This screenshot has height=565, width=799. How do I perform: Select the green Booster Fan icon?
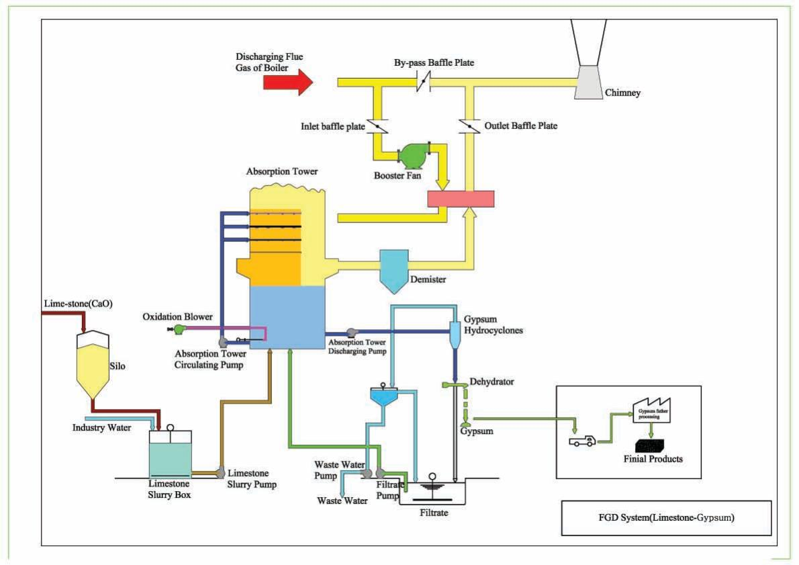pyautogui.click(x=410, y=156)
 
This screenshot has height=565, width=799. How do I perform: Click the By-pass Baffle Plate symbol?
pyautogui.click(x=422, y=83)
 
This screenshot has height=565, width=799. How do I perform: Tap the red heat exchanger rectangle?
pyautogui.click(x=461, y=199)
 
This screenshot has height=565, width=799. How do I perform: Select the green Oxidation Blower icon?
pyautogui.click(x=179, y=329)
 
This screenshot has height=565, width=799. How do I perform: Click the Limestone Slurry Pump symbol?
pyautogui.click(x=219, y=473)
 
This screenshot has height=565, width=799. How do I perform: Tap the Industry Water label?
pyautogui.click(x=101, y=427)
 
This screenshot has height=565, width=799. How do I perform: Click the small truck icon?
pyautogui.click(x=581, y=441)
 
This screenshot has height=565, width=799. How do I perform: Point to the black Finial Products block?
pyautogui.click(x=653, y=444)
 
